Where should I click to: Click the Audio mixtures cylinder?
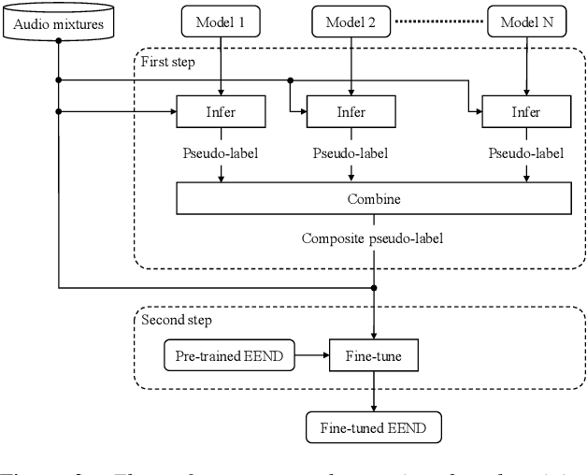(x=58, y=21)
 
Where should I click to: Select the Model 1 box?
(x=221, y=21)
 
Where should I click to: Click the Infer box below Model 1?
(x=221, y=114)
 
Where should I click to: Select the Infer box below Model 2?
(x=351, y=114)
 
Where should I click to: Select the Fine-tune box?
(x=374, y=356)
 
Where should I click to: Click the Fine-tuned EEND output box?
(x=374, y=429)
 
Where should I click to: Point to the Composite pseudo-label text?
(x=371, y=237)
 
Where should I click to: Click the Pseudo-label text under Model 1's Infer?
(x=221, y=152)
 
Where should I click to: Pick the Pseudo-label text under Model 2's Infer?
(x=351, y=152)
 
